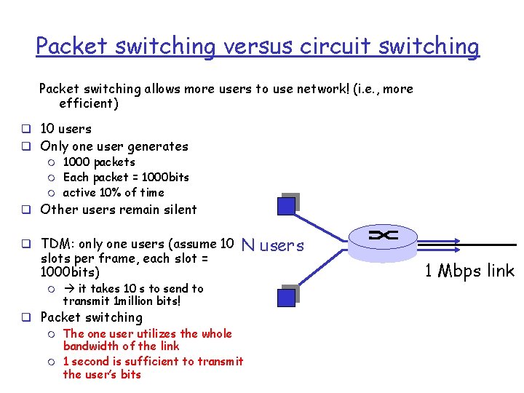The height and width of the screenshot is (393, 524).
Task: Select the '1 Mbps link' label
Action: point(469,271)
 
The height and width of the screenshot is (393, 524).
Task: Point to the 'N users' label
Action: point(272,245)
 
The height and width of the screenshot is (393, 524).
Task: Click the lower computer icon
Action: point(289,294)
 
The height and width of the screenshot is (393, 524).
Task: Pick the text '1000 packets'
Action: point(99,162)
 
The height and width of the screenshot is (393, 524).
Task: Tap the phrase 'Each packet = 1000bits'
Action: point(126,177)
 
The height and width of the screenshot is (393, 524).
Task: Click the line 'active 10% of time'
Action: point(114,192)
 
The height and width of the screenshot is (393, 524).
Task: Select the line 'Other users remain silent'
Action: point(119,210)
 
